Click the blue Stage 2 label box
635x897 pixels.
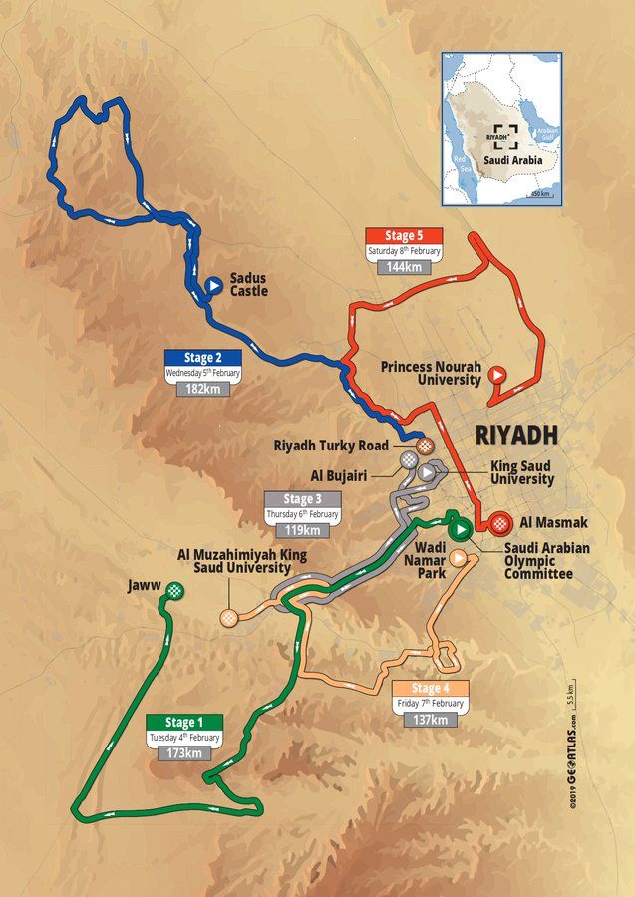click(x=203, y=358)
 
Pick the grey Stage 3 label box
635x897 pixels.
click(x=301, y=499)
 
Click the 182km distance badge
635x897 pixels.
click(x=203, y=388)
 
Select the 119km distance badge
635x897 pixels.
click(x=301, y=529)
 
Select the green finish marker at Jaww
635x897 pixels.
click(x=176, y=590)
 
